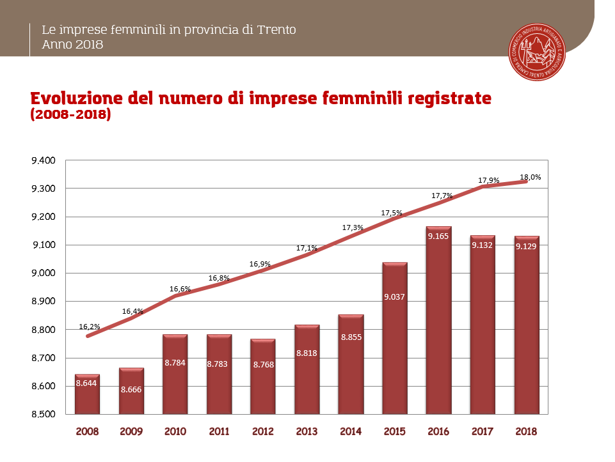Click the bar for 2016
coord(439,320)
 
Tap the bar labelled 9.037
coord(395,338)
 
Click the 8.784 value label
coord(175,362)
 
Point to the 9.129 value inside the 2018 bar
coord(527,246)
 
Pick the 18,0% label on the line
coord(530,177)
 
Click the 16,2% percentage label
coord(90,327)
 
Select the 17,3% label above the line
coord(353,227)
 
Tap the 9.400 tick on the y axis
coord(44,160)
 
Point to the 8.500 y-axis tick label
coord(44,414)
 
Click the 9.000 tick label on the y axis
coord(44,273)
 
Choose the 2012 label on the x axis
coord(263,431)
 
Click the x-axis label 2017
coord(483,431)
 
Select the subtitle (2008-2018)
coord(70,116)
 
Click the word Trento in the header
coord(276,30)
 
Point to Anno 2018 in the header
coord(72,45)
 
